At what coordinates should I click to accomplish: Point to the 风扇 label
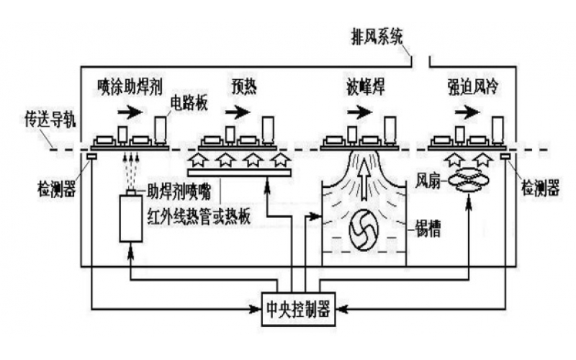tap(430, 176)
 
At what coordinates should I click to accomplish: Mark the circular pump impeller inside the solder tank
tap(363, 232)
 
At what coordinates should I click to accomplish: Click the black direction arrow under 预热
tap(239, 112)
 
